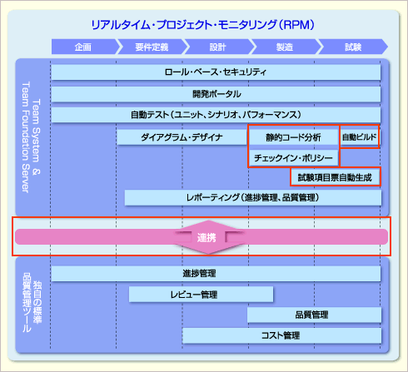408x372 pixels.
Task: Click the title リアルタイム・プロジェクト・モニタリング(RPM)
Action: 202,25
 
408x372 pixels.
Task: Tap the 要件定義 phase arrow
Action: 152,47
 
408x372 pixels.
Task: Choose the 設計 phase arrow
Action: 218,47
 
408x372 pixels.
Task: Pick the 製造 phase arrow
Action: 285,47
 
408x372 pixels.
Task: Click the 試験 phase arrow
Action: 353,47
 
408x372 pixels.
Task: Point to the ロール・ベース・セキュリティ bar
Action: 216,72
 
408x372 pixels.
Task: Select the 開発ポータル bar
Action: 216,94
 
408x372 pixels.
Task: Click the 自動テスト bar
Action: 216,115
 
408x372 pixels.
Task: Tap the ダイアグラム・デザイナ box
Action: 182,137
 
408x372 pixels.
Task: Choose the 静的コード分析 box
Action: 294,137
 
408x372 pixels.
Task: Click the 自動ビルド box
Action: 360,136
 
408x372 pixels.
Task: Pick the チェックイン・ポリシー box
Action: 294,158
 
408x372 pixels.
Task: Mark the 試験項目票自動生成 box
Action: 335,177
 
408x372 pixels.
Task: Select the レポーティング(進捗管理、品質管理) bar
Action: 253,197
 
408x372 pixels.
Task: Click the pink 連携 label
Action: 206,238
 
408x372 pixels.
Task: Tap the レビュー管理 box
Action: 201,295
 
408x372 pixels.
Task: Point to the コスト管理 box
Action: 281,335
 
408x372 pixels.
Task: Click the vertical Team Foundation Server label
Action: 26,137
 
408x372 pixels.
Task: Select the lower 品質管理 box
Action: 314,315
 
